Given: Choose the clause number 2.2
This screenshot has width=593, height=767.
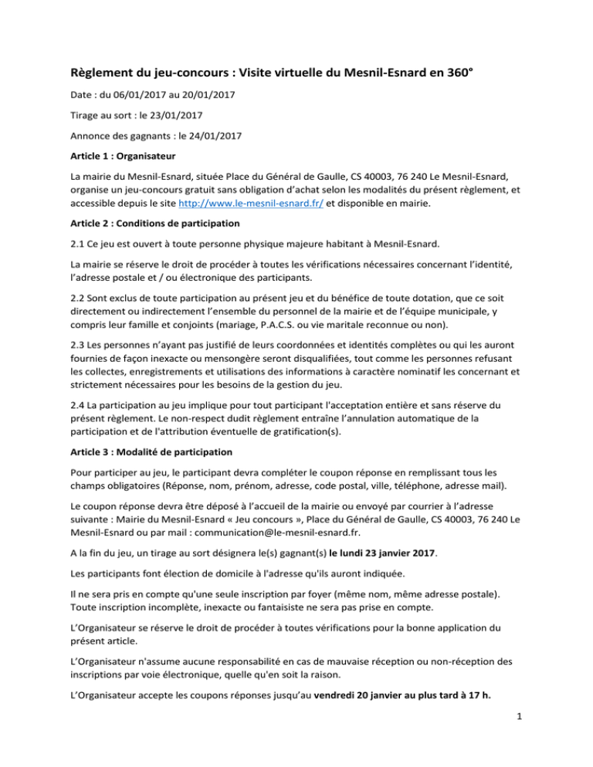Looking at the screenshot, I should click(x=79, y=318).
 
